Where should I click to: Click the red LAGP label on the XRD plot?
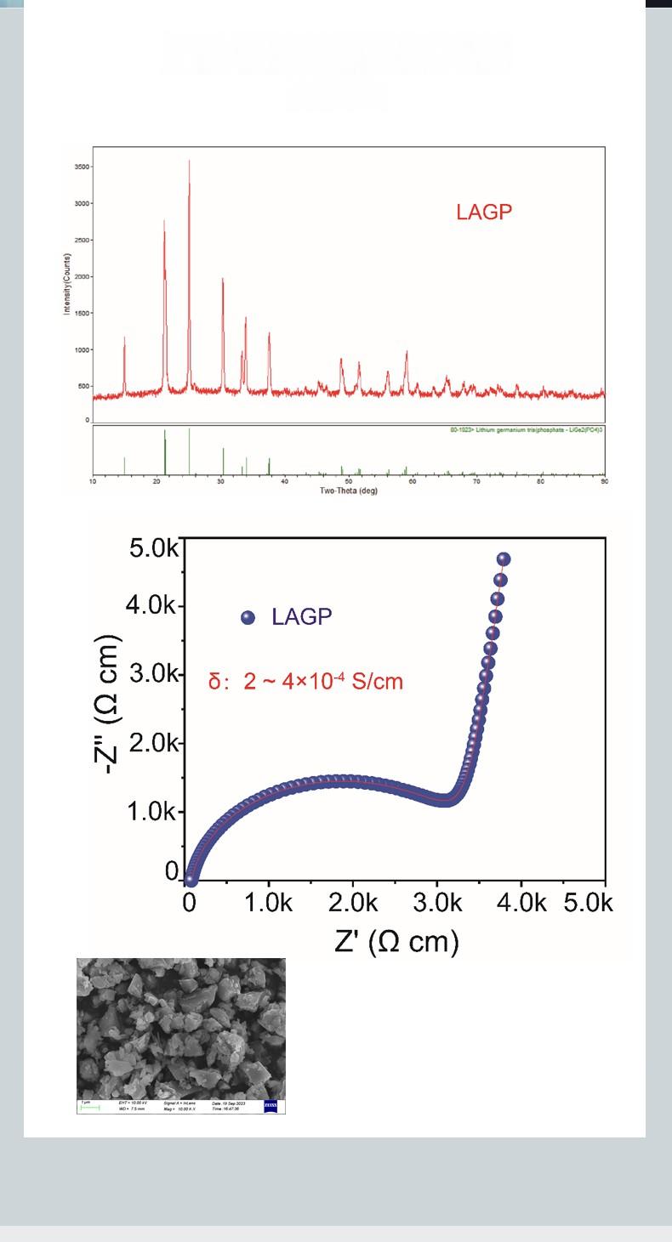[485, 213]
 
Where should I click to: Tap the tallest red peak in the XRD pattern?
[189, 162]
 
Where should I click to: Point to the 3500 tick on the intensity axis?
[81, 167]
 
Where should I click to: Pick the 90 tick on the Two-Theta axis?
[604, 482]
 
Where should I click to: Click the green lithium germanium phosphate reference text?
[527, 430]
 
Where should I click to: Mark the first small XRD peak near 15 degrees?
[124, 338]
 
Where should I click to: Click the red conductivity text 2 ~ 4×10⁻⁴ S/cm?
[306, 682]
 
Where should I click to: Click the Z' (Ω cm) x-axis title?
[396, 941]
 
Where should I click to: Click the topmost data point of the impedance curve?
[503, 559]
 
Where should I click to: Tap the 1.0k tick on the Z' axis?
[271, 902]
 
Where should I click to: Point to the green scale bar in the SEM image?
[89, 1108]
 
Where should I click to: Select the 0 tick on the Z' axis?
[189, 902]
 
